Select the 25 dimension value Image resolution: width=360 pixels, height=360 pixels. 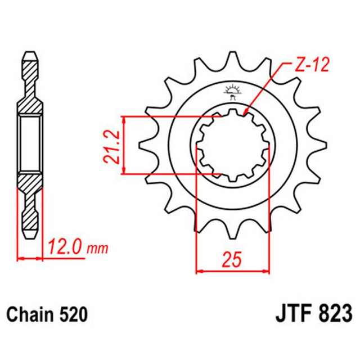point(233,260)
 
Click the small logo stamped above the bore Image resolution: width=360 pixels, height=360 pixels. point(232,91)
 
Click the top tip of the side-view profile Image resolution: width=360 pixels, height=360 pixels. point(31,54)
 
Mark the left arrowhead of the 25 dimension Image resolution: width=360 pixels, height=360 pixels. point(199,271)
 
